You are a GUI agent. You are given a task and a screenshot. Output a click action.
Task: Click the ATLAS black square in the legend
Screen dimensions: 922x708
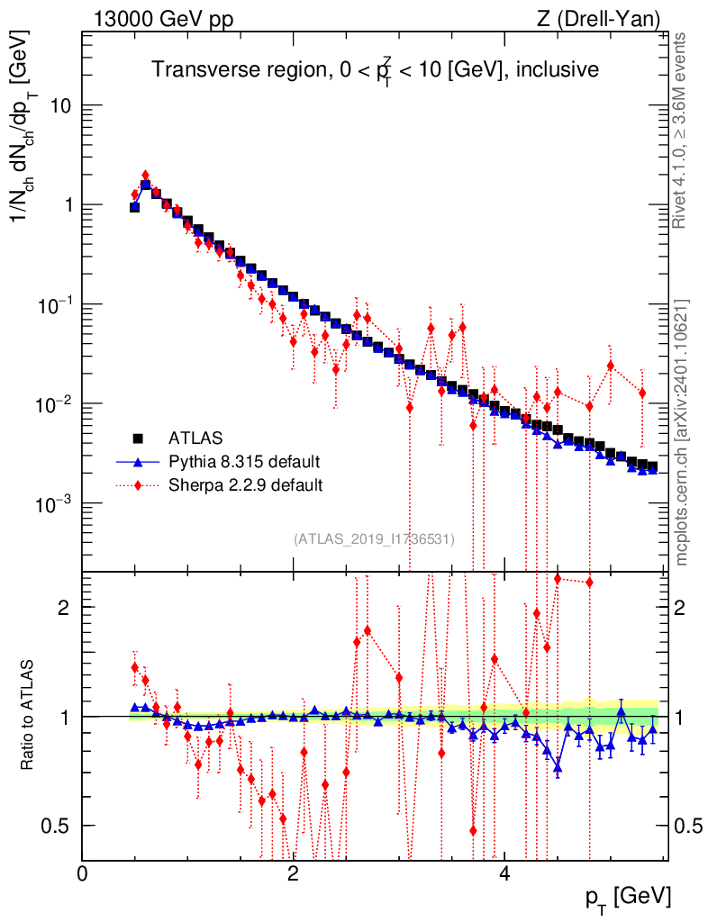pyautogui.click(x=139, y=439)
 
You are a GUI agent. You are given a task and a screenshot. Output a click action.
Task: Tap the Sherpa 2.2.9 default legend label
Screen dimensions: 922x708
pyautogui.click(x=246, y=485)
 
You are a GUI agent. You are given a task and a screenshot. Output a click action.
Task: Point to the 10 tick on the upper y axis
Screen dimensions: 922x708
pyautogui.click(x=59, y=106)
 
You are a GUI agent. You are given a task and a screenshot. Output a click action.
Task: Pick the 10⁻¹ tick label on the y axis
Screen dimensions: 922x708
pyautogui.click(x=50, y=304)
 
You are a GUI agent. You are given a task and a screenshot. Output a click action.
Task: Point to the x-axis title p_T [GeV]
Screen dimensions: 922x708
pyautogui.click(x=629, y=899)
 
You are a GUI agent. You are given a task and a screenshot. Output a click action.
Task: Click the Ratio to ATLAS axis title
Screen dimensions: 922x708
pyautogui.click(x=29, y=715)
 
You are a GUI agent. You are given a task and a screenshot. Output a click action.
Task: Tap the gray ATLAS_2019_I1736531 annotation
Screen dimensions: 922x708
pyautogui.click(x=374, y=538)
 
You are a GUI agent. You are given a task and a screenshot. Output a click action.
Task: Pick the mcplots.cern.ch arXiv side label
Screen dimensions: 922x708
pyautogui.click(x=682, y=432)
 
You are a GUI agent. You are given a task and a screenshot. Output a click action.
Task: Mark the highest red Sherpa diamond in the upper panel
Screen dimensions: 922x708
pyautogui.click(x=145, y=176)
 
